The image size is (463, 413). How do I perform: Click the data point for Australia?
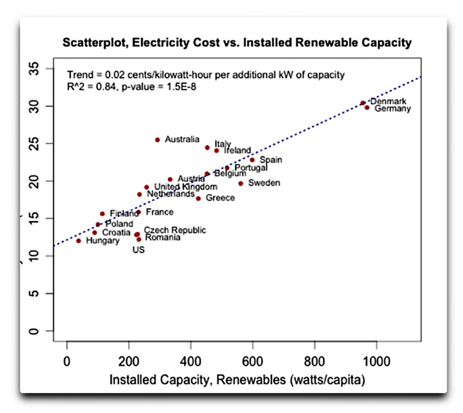(x=157, y=140)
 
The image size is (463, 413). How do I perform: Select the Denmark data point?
(x=362, y=103)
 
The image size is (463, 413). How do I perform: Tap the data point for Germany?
(x=367, y=107)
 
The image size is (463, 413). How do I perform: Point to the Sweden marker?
(x=240, y=183)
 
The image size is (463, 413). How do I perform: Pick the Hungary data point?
(x=79, y=241)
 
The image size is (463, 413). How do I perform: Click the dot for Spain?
(x=252, y=160)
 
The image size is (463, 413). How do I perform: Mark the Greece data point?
(x=198, y=198)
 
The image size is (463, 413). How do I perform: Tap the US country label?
(x=138, y=250)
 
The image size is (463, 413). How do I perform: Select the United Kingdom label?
(x=185, y=187)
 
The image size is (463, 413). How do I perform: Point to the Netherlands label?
(x=170, y=194)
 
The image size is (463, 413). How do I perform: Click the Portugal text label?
(x=251, y=168)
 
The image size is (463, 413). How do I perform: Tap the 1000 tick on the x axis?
(x=376, y=361)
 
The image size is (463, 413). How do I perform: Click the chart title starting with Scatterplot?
(x=237, y=43)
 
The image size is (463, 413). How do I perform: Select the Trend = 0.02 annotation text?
(x=205, y=74)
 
